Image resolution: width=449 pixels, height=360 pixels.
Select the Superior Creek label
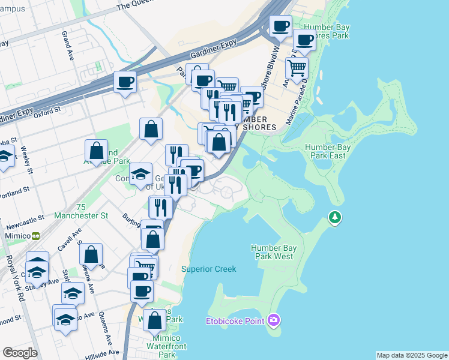pos(209,269)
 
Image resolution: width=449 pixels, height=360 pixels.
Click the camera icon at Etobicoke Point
pos(274,320)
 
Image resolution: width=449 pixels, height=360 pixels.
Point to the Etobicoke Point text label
pos(235,321)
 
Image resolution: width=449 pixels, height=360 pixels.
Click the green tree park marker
pos(334,217)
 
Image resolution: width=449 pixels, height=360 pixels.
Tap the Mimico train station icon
pos(36,236)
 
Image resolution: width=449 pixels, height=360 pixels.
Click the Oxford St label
pos(47,112)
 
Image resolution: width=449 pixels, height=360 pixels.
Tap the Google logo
pos(20,353)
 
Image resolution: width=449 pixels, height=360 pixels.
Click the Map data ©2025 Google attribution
pos(412,355)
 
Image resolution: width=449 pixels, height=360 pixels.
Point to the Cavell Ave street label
pos(65,239)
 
